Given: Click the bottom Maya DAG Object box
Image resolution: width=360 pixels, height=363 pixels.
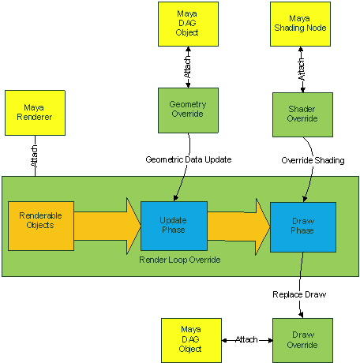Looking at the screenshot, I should (x=190, y=339).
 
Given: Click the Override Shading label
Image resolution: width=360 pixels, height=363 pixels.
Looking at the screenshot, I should (x=312, y=160).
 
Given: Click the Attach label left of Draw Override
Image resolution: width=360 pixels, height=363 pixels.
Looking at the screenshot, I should (x=246, y=339).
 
